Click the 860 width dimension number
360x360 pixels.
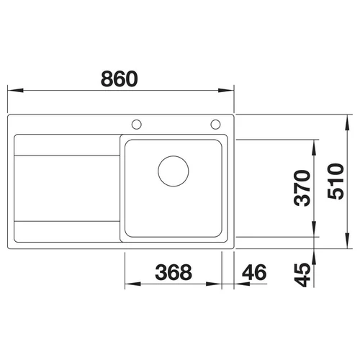(x=120, y=78)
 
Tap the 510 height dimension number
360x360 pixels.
(x=336, y=181)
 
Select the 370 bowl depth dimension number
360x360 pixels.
(x=302, y=188)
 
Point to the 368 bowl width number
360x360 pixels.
(x=174, y=272)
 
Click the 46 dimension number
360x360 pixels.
(x=254, y=272)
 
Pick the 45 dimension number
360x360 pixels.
(x=302, y=275)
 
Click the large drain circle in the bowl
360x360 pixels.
(x=174, y=171)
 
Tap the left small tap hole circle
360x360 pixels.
(x=137, y=125)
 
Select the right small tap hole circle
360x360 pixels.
(x=215, y=125)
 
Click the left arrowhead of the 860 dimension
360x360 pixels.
(x=15, y=91)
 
